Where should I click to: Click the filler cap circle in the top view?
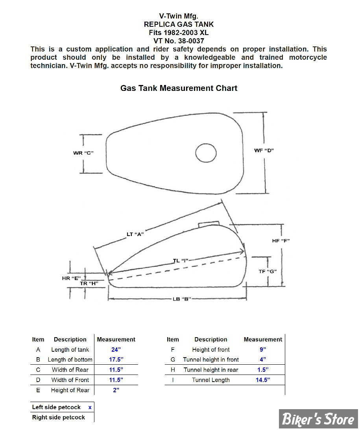(x=196, y=153)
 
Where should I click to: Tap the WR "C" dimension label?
(x=83, y=153)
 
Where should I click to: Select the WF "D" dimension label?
(x=264, y=150)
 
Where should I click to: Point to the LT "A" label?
(x=135, y=234)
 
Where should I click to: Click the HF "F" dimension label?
(x=281, y=241)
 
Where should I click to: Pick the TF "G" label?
(x=268, y=271)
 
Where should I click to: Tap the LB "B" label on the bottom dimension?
(x=181, y=299)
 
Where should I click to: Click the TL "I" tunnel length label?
(x=181, y=260)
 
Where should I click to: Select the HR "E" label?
(x=71, y=279)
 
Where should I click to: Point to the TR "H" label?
(x=89, y=283)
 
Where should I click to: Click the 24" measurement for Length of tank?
(x=116, y=350)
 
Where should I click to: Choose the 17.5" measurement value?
(x=116, y=360)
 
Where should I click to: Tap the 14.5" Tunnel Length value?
(x=263, y=380)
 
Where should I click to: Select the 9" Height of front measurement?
(x=263, y=349)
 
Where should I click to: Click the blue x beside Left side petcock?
(x=90, y=408)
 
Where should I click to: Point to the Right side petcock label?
(x=58, y=417)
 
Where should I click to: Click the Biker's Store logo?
(x=318, y=419)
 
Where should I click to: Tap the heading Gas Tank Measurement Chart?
(x=179, y=88)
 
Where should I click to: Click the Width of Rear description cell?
(x=70, y=370)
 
